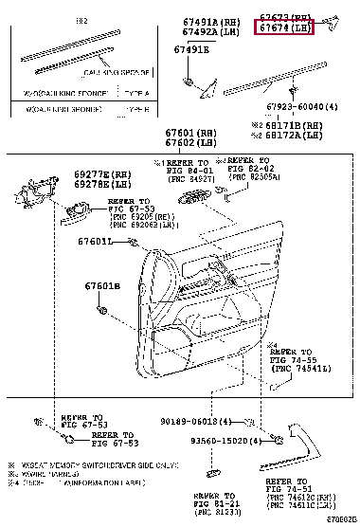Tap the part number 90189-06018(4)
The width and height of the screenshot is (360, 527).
217,422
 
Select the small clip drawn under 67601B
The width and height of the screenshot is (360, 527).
99,309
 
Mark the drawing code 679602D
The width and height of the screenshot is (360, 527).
340,519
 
